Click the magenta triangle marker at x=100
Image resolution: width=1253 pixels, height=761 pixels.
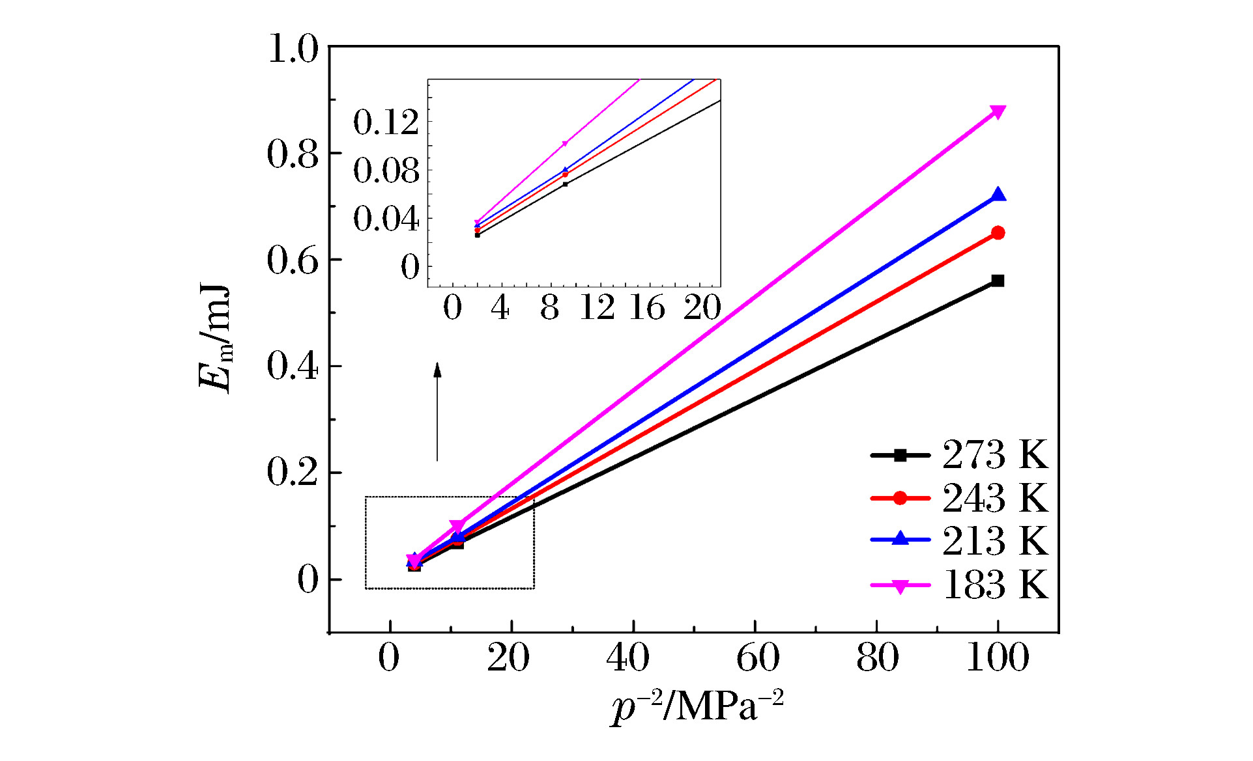[x=998, y=112]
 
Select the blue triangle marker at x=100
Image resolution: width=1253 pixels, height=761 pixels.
[x=998, y=195]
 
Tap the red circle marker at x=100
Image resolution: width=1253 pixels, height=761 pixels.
[x=998, y=233]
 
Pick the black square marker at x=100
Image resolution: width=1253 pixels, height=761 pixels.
[x=998, y=281]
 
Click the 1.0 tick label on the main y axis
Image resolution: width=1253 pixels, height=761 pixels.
[x=293, y=49]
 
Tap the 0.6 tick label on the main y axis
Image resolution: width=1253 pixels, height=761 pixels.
[x=293, y=260]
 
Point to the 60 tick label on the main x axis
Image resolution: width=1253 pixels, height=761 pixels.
[x=757, y=657]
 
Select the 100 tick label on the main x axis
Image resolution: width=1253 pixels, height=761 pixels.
[x=998, y=657]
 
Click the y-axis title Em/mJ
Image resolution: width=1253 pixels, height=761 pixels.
[x=216, y=339]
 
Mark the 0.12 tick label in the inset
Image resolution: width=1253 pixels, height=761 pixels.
[x=386, y=122]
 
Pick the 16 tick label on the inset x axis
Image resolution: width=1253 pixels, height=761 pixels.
[x=647, y=307]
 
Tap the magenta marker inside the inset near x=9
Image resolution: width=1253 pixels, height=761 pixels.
[x=565, y=143]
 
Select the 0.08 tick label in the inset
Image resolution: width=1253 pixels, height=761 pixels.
[x=386, y=171]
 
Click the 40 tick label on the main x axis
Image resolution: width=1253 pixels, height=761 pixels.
[x=628, y=657]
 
